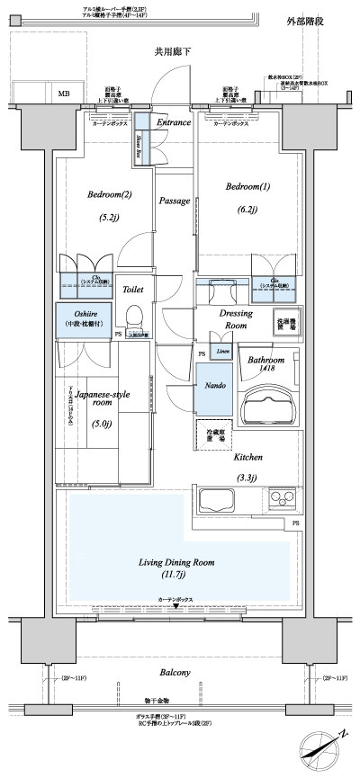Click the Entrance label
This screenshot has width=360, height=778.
click(x=173, y=122)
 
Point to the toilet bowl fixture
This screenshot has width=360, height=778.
click(x=135, y=317)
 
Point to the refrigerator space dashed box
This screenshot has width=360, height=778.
click(x=214, y=436)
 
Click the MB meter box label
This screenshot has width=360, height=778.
click(x=64, y=93)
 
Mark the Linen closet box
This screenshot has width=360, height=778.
click(x=220, y=349)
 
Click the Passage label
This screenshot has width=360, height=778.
click(x=174, y=201)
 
